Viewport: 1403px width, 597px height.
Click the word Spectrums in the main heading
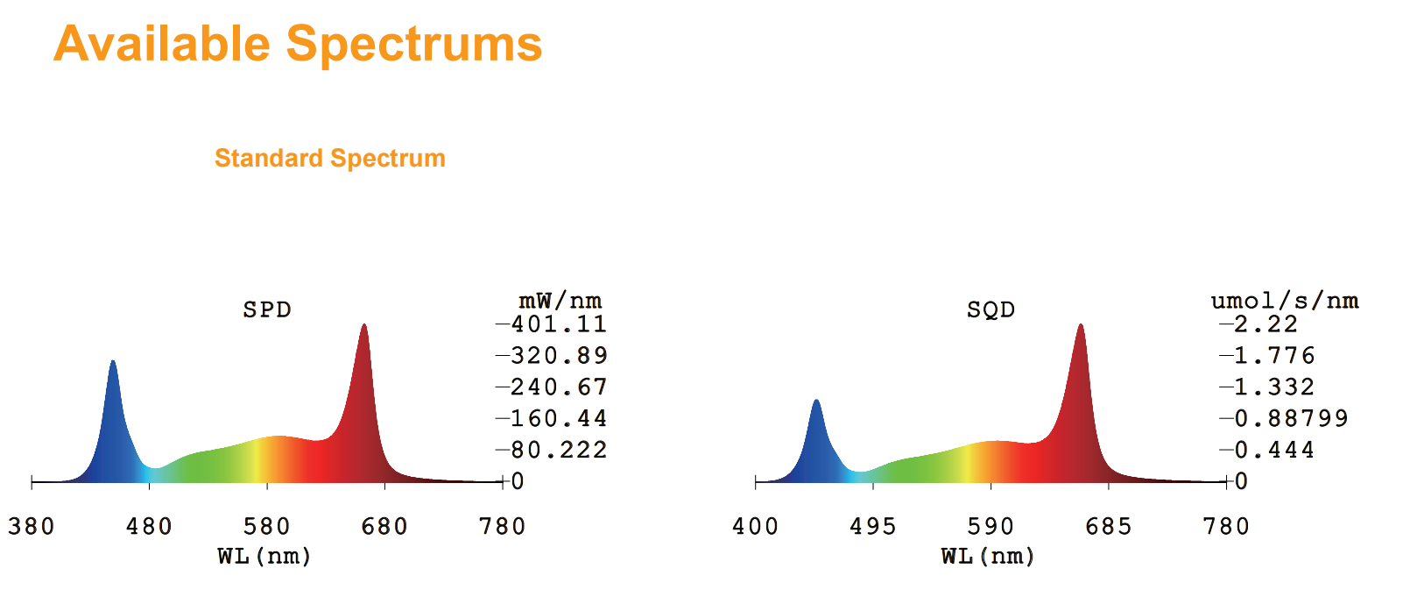(x=414, y=46)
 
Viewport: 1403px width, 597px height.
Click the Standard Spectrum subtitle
(x=330, y=158)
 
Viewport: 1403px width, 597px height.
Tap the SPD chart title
(x=267, y=309)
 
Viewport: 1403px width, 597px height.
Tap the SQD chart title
(x=991, y=309)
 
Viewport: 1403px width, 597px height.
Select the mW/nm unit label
(x=560, y=301)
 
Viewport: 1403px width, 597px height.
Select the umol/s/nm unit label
(x=1286, y=301)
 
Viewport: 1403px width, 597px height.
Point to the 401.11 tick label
(x=560, y=324)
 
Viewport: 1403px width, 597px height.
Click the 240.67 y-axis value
(x=560, y=387)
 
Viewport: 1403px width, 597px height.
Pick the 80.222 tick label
(x=560, y=450)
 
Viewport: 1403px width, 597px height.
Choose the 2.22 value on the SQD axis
(x=1266, y=324)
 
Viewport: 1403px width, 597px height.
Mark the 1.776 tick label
(x=1274, y=356)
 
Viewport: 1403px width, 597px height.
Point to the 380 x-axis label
(x=32, y=526)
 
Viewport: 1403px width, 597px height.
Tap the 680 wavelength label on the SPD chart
(x=384, y=526)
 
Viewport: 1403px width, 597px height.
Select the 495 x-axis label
(x=873, y=526)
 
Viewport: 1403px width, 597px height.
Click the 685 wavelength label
(x=1109, y=526)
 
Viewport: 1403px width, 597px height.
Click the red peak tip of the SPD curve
(x=364, y=325)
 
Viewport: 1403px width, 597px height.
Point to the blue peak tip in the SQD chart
(x=816, y=400)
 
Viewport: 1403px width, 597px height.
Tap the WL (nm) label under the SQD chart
(x=988, y=557)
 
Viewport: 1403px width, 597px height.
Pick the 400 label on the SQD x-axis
(x=756, y=526)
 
